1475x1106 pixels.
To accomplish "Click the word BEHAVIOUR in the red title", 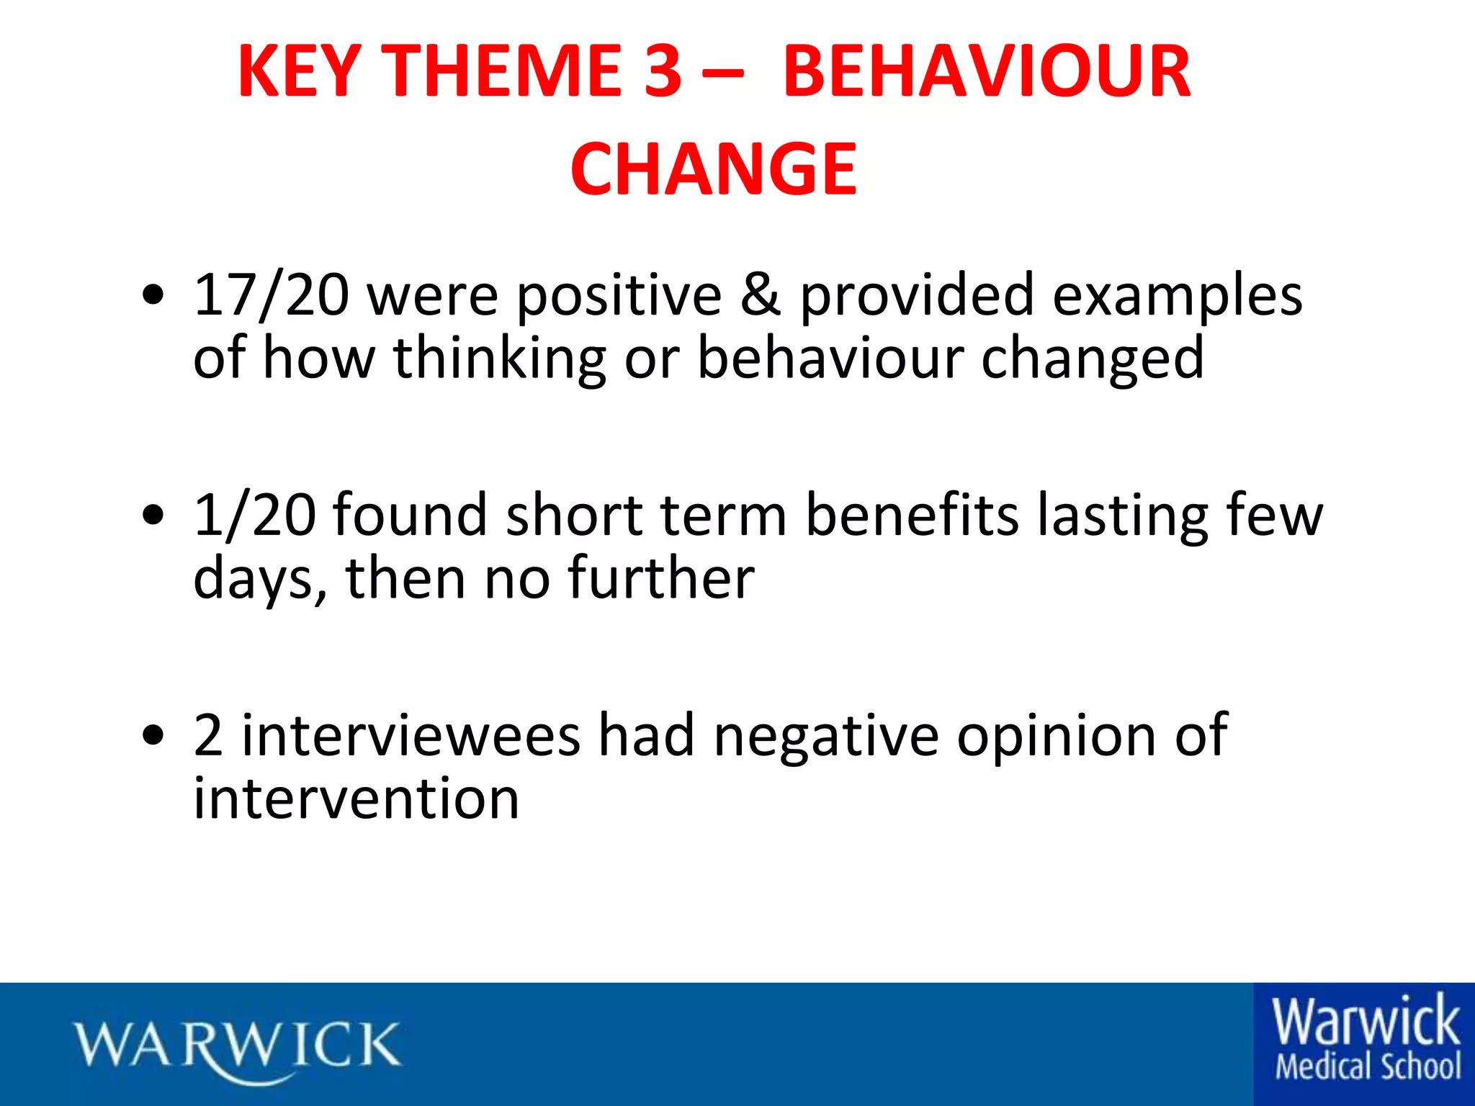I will [x=987, y=71].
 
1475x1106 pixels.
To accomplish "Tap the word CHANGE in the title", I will [x=714, y=169].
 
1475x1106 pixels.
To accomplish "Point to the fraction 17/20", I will [x=272, y=295].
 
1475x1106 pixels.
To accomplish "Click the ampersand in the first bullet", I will [x=761, y=295].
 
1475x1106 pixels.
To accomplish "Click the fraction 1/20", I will [x=254, y=516].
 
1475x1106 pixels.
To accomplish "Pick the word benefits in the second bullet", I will [x=912, y=516].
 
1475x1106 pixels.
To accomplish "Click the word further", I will [x=661, y=578].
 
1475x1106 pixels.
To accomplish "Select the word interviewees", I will [x=411, y=736].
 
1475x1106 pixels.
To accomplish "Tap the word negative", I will [x=826, y=736].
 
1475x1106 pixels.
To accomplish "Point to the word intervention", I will [x=357, y=799].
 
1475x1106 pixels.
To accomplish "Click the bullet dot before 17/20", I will [x=153, y=295].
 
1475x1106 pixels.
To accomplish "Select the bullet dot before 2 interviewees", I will [x=153, y=736].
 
